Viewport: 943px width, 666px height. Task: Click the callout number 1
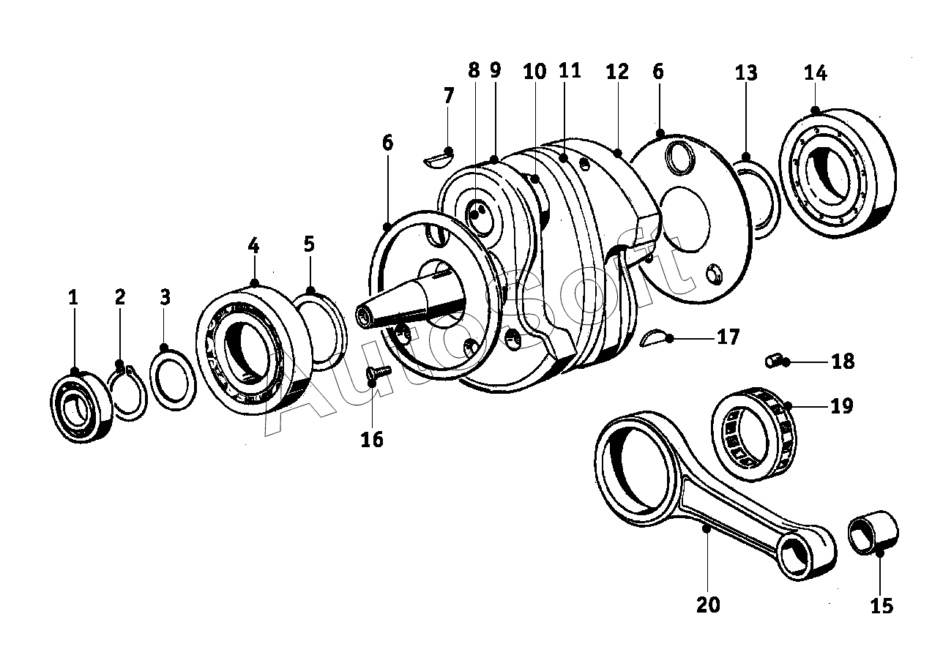tap(72, 298)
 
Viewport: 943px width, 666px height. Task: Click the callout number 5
tap(309, 244)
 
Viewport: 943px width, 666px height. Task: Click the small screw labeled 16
tap(376, 373)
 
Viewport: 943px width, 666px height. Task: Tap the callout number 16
tap(372, 439)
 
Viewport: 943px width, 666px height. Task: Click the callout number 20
tap(708, 605)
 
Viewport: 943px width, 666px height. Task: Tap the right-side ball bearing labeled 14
tap(838, 174)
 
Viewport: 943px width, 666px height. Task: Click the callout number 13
tap(746, 73)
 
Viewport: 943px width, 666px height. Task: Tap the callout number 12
tap(617, 72)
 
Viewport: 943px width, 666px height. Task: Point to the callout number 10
tap(534, 72)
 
